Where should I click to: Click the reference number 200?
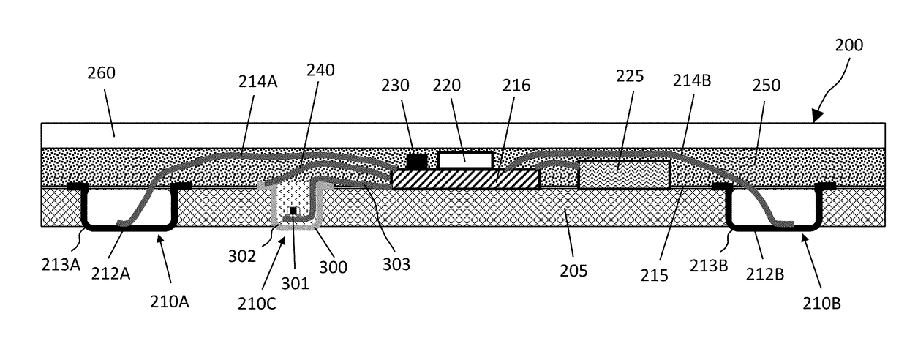click(x=848, y=45)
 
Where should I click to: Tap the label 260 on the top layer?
click(x=101, y=73)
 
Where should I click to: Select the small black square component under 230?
click(x=416, y=160)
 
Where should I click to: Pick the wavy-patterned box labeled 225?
click(x=623, y=174)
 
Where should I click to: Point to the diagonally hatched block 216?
click(x=466, y=179)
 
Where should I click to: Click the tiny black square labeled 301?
click(x=293, y=211)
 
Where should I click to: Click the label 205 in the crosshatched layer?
click(x=573, y=271)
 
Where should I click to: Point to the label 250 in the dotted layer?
click(x=766, y=86)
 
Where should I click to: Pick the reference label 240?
click(x=320, y=71)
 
